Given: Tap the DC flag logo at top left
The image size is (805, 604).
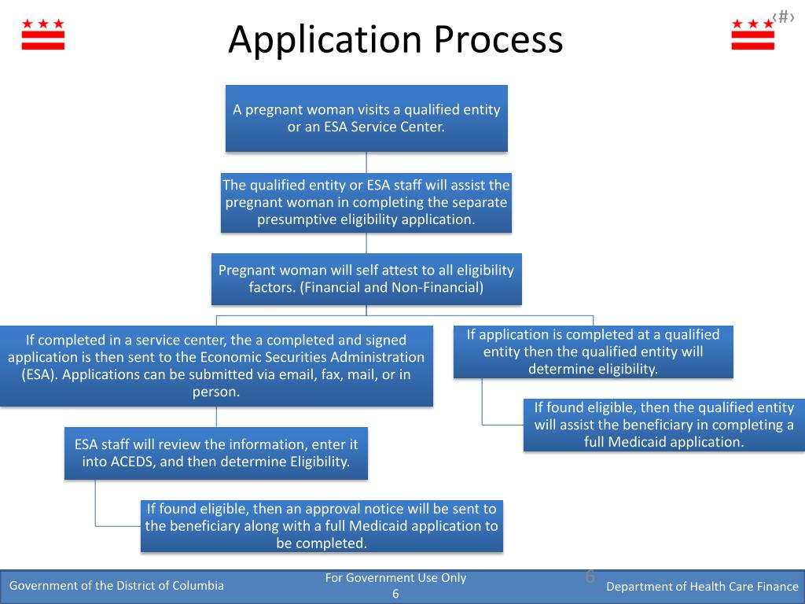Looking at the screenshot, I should coord(43,35).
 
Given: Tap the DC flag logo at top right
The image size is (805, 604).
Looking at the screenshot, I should coord(752,35).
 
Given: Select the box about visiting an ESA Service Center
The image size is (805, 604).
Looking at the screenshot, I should coord(366,118).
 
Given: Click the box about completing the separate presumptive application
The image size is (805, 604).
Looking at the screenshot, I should coord(366,202).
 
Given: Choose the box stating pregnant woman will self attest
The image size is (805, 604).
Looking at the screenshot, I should coord(366,278).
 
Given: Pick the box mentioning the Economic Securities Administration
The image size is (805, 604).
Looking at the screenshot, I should coord(216,366).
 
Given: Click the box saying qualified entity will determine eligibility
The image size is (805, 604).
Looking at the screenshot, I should coord(594,352).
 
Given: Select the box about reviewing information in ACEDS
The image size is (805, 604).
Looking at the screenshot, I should coord(216,453).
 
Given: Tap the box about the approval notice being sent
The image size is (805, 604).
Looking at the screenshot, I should coord(322,526).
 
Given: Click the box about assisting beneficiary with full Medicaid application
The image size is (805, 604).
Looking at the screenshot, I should coord(664,425).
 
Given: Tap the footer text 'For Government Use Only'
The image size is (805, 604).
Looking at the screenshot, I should coord(395,578).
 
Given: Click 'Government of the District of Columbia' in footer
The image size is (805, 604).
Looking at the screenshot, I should coord(116,585).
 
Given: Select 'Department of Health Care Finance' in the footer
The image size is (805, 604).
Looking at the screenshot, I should coord(702,586).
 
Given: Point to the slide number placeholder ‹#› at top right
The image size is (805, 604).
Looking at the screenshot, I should coord(783,17).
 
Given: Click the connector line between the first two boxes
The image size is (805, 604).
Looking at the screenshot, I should coord(366,162).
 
